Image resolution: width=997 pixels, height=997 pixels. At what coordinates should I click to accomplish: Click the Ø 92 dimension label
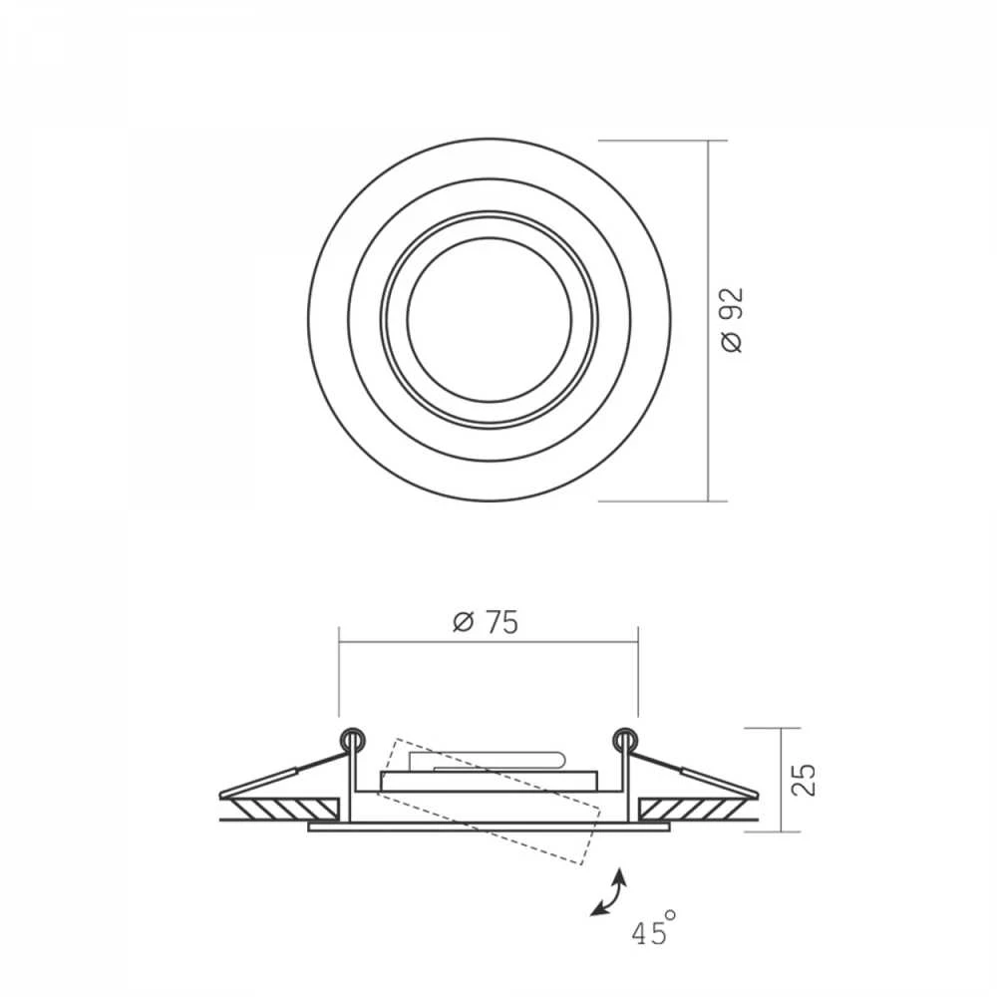coord(733,320)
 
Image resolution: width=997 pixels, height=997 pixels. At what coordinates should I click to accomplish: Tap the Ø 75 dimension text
coord(486,622)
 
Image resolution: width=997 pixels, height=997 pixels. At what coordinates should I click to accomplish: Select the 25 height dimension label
coord(804,779)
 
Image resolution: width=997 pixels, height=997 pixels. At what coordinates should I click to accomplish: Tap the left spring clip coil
coord(352,739)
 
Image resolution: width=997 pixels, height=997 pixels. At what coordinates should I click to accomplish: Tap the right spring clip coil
coord(624,739)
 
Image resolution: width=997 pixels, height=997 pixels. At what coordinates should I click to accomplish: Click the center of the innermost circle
coord(489,320)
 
